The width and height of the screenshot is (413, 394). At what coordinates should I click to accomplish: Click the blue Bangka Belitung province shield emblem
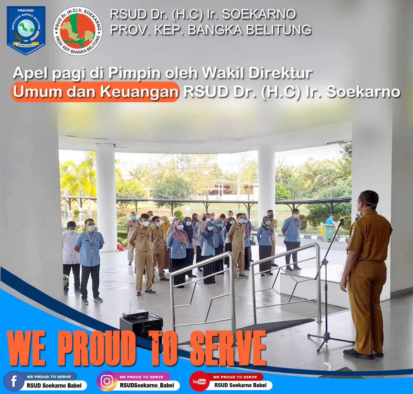click(x=26, y=30)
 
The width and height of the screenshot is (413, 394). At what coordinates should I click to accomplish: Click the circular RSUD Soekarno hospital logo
click(x=78, y=31)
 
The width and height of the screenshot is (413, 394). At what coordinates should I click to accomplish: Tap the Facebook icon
click(x=14, y=381)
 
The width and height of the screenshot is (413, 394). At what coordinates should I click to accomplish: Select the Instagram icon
click(x=107, y=381)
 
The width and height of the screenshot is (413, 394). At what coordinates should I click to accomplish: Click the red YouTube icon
click(x=199, y=381)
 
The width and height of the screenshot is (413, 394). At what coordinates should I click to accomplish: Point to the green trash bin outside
click(x=328, y=233)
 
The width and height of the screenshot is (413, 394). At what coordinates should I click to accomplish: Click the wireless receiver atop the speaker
click(x=136, y=315)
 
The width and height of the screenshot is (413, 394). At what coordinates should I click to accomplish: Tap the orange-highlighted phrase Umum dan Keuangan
click(x=95, y=92)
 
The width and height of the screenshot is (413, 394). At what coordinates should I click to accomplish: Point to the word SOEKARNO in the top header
click(x=259, y=14)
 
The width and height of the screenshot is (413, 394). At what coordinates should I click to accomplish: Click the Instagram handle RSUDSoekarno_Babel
click(x=147, y=385)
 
